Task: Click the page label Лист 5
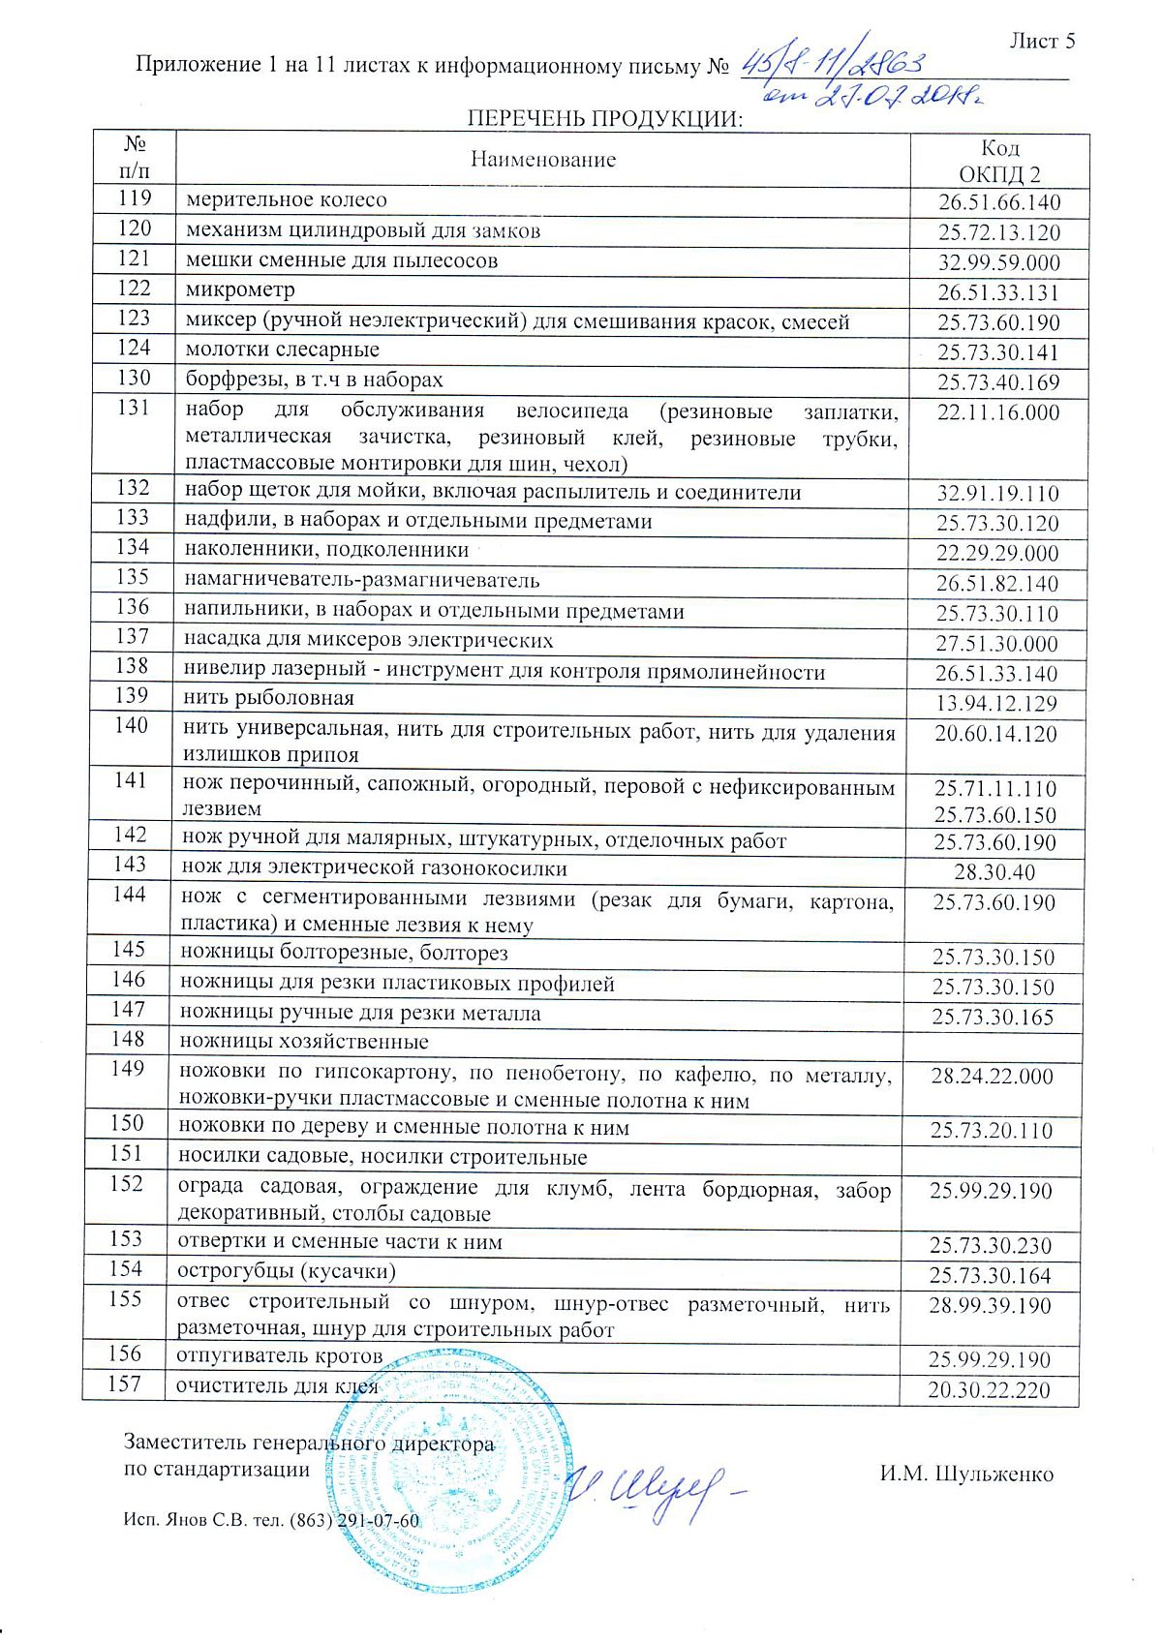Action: pyautogui.click(x=1042, y=41)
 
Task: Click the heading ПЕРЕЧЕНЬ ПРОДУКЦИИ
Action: pyautogui.click(x=604, y=119)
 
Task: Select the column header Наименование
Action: pyautogui.click(x=543, y=160)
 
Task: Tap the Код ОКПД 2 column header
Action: pyautogui.click(x=999, y=161)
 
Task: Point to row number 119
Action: pyautogui.click(x=135, y=199)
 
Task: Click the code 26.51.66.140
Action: pyautogui.click(x=999, y=203)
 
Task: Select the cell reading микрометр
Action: pyautogui.click(x=240, y=289)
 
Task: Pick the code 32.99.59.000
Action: pyautogui.click(x=999, y=263)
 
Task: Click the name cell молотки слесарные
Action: pyautogui.click(x=282, y=350)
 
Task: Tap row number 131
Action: pyautogui.click(x=134, y=409)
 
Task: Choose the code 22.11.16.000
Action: pyautogui.click(x=998, y=413)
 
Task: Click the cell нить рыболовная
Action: pyautogui.click(x=269, y=698)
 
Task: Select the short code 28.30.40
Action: pyautogui.click(x=994, y=872)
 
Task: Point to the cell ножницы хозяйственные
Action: pyautogui.click(x=304, y=1043)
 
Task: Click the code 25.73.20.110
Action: pyautogui.click(x=992, y=1131)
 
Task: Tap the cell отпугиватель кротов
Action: pyautogui.click(x=279, y=1355)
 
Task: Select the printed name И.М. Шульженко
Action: pyautogui.click(x=965, y=1475)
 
